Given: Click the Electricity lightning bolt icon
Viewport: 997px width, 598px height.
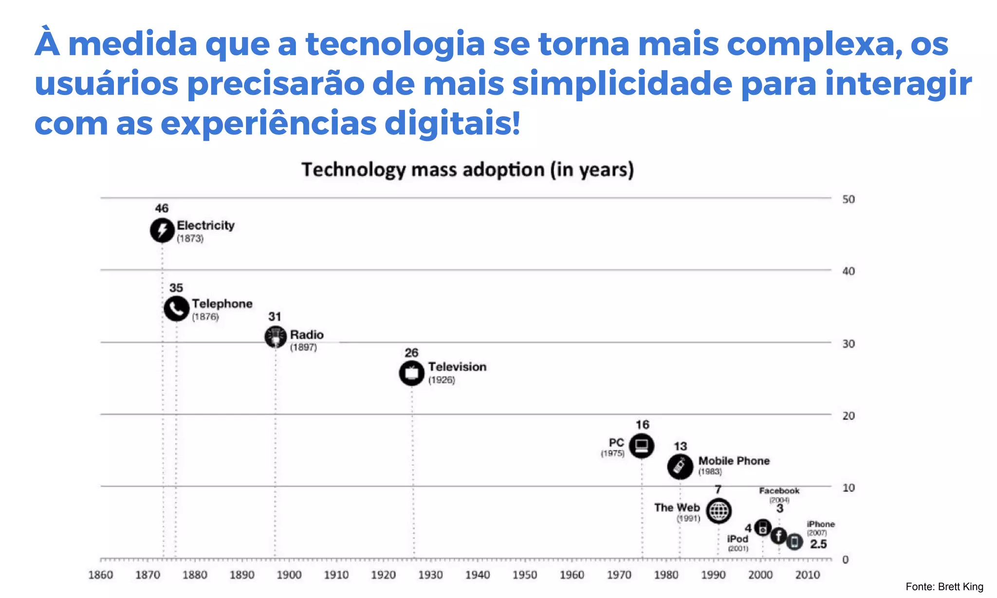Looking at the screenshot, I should (162, 230).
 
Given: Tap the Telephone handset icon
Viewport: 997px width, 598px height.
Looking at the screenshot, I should (176, 308).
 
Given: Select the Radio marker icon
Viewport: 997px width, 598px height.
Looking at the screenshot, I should (276, 337).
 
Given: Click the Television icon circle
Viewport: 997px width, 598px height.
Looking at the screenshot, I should (412, 373).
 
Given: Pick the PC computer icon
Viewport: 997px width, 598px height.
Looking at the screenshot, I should (642, 446).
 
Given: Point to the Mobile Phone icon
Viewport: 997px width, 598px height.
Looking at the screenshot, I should (680, 467).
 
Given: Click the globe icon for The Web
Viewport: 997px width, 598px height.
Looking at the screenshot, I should (719, 511).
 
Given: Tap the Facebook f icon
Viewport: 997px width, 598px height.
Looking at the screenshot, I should (778, 536).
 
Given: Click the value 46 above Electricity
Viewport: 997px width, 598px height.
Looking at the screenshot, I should (162, 209).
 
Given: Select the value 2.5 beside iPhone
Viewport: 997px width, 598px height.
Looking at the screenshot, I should (818, 544).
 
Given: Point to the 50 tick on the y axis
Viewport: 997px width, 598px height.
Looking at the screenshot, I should (849, 199).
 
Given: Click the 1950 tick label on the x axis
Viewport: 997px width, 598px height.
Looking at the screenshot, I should (525, 575).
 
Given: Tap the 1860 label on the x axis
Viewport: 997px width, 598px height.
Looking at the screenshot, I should (101, 575).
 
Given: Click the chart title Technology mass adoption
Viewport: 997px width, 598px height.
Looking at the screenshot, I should (467, 170).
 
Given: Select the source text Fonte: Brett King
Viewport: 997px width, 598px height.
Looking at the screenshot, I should (944, 587).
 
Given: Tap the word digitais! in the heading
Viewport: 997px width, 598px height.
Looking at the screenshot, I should (452, 124).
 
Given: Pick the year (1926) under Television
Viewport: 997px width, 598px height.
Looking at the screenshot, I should (442, 380).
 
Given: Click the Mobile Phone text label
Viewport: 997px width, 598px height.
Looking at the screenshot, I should (734, 461).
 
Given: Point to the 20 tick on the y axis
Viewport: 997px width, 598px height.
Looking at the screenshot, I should (849, 416).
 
